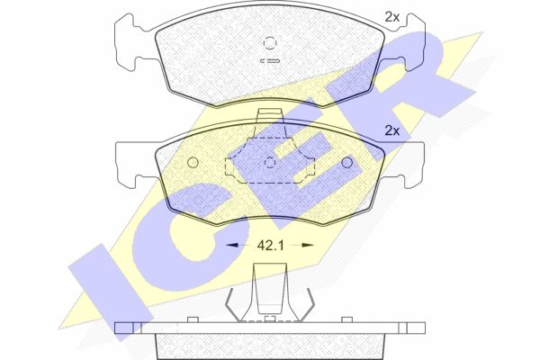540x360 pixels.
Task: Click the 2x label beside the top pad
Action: [x=391, y=17]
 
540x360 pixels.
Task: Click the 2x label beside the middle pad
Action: [x=391, y=130]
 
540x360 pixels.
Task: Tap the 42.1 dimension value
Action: [x=270, y=246]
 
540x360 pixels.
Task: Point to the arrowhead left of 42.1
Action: [x=232, y=245]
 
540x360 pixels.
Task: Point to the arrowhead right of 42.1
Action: [x=308, y=245]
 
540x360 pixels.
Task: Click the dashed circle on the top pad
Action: [x=270, y=42]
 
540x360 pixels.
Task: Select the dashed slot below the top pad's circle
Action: [x=270, y=61]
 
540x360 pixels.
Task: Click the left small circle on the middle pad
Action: [x=193, y=163]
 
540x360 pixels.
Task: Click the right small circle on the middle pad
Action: [x=346, y=163]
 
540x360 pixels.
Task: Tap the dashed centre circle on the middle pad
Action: [x=270, y=163]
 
